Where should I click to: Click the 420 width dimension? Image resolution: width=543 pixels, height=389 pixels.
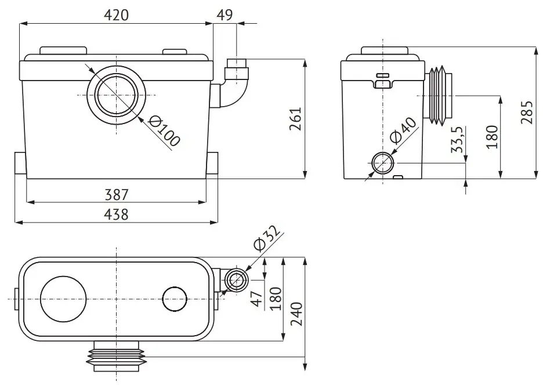[117, 15]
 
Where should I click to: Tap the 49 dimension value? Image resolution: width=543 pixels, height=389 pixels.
[225, 14]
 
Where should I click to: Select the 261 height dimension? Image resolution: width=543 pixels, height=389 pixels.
[295, 119]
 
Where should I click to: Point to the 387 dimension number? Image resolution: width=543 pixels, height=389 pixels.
[117, 195]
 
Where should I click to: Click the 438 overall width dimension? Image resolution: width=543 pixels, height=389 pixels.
[117, 215]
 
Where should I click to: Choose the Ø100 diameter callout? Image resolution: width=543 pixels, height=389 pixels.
[164, 131]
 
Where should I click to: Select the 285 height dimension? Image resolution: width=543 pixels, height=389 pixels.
[527, 112]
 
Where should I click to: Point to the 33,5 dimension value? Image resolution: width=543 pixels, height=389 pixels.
[457, 140]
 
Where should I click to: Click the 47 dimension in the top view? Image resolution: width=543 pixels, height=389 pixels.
[257, 299]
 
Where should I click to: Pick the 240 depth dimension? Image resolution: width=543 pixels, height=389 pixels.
[296, 314]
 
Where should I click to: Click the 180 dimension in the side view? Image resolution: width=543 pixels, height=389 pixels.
[492, 137]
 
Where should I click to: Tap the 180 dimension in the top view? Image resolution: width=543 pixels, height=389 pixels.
[276, 299]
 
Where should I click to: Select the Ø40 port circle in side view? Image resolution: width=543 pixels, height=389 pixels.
[383, 163]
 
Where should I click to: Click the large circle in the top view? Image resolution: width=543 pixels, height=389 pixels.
[63, 299]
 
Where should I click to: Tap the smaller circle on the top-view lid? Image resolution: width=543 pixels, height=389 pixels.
[175, 299]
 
